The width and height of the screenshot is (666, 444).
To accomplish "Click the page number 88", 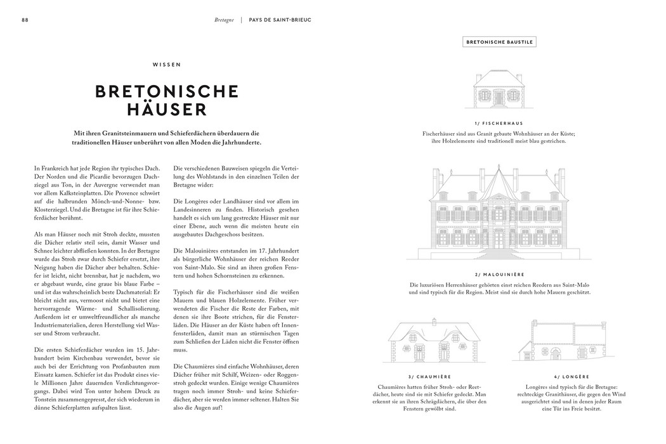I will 25,20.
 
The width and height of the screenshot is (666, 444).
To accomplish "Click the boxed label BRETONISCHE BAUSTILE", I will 500,42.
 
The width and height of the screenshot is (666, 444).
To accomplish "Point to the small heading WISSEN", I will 167,64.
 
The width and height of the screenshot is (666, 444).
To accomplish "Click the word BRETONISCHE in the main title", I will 167,91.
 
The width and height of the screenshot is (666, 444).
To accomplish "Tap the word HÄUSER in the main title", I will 167,109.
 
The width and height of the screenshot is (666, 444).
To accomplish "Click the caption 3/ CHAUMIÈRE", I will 424,377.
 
